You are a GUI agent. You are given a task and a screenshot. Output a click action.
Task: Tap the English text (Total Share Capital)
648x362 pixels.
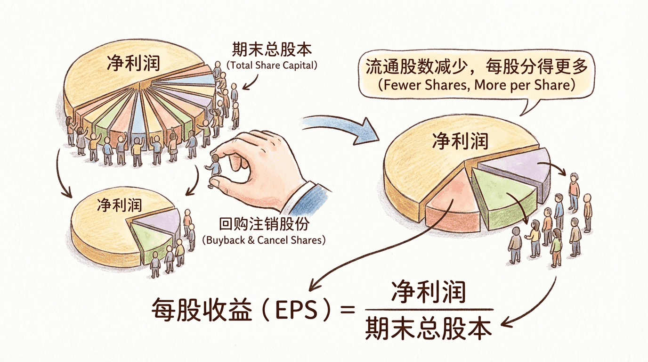[272, 66]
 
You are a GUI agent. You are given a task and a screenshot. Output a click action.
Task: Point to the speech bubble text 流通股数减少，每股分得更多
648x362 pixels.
[477, 67]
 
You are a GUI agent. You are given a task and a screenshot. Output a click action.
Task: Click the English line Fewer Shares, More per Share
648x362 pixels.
[477, 85]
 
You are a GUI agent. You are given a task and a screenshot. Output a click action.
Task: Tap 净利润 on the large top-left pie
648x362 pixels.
[133, 62]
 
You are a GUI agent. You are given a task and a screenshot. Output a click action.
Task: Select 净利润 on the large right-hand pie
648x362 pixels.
[460, 140]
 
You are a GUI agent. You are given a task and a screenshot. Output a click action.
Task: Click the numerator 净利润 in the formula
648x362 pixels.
[428, 292]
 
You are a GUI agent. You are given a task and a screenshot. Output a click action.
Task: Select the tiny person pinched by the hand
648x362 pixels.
[216, 169]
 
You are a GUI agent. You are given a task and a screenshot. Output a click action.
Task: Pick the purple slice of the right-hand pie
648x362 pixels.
[518, 165]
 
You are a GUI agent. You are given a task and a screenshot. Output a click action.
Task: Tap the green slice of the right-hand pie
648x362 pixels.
[502, 198]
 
